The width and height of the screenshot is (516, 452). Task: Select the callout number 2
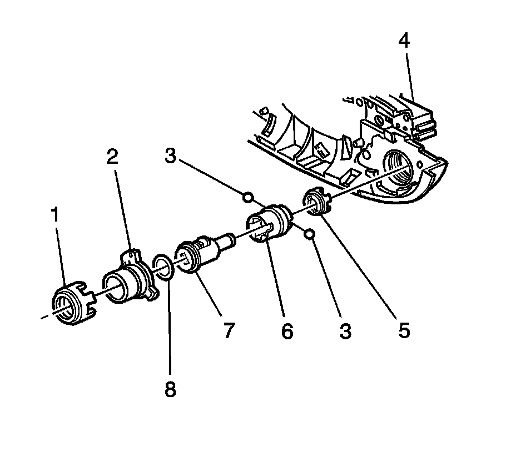tap(112, 158)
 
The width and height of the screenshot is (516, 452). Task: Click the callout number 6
tap(286, 332)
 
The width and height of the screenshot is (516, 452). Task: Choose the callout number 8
tap(170, 388)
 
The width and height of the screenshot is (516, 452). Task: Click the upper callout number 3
tap(170, 157)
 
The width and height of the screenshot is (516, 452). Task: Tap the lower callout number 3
tap(345, 332)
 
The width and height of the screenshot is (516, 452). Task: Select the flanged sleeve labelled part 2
tap(127, 278)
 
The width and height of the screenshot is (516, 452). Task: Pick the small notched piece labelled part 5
tap(317, 202)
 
